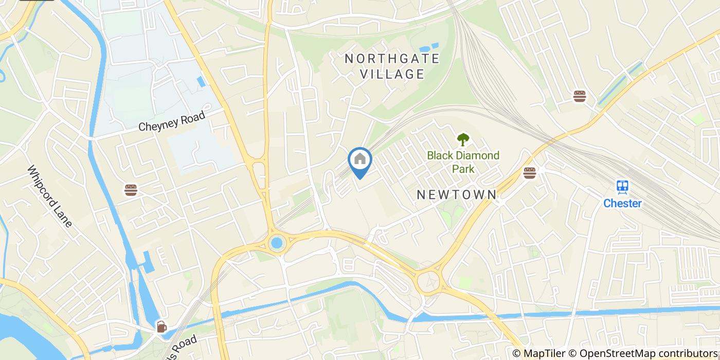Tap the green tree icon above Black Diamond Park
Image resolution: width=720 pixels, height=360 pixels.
pyautogui.click(x=463, y=139)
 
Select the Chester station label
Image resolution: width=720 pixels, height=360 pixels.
pyautogui.click(x=622, y=203)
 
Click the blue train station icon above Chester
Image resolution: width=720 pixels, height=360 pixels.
pyautogui.click(x=622, y=187)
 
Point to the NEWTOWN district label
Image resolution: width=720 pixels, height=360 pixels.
pyautogui.click(x=457, y=195)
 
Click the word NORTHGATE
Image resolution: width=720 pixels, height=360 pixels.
pyautogui.click(x=392, y=59)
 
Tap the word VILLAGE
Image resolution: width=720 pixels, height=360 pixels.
pyautogui.click(x=392, y=74)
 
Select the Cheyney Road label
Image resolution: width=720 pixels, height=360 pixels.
pyautogui.click(x=172, y=121)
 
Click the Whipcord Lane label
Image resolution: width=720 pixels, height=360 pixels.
pyautogui.click(x=50, y=196)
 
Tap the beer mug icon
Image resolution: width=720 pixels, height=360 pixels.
pyautogui.click(x=161, y=326)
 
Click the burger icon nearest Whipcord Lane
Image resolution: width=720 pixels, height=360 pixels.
pyautogui.click(x=131, y=190)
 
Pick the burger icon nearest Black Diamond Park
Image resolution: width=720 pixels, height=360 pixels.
pyautogui.click(x=529, y=173)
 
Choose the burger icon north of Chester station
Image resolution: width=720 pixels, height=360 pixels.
pyautogui.click(x=580, y=96)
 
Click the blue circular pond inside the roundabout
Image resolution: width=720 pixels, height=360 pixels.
pyautogui.click(x=277, y=242)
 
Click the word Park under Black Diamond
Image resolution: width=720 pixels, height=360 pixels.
pyautogui.click(x=463, y=168)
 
